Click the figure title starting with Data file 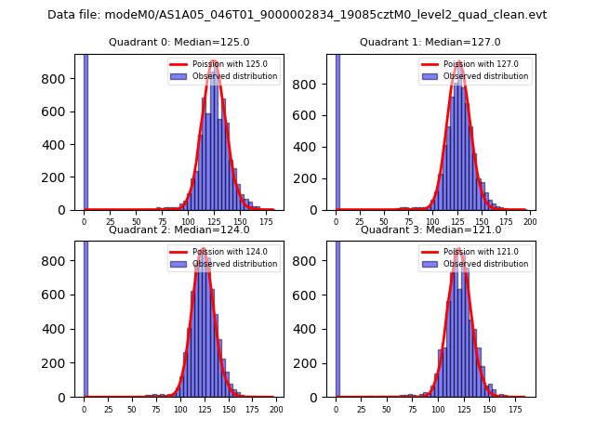[x=297, y=15]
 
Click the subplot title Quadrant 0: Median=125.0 [x=178, y=42]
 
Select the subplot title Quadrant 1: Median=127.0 [x=430, y=42]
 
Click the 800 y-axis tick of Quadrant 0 [x=58, y=79]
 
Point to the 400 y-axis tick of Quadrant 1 [x=310, y=145]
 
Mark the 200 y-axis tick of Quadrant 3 [x=310, y=365]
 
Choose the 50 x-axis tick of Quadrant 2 [x=132, y=409]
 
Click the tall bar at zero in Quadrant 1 [x=337, y=130]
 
